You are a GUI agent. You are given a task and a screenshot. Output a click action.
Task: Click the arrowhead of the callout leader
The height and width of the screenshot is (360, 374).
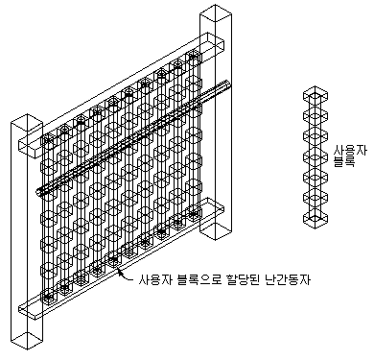pyautogui.click(x=120, y=273)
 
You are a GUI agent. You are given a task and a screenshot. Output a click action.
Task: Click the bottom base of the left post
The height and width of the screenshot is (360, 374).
pyautogui.click(x=27, y=341)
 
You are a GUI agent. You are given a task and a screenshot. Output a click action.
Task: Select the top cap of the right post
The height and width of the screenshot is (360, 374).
pyautogui.click(x=216, y=13)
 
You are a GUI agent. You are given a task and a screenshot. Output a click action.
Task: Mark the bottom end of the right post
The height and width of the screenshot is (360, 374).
pyautogui.click(x=216, y=231)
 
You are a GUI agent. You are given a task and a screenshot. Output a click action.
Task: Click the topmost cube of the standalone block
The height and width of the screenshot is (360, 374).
pyautogui.click(x=316, y=95)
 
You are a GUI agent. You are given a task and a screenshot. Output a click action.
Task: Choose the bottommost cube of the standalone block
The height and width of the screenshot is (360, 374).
pyautogui.click(x=316, y=220)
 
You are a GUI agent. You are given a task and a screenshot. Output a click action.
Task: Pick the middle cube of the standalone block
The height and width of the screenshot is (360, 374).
pyautogui.click(x=316, y=157)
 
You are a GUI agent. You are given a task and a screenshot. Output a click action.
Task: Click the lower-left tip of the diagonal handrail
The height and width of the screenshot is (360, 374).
pyautogui.click(x=38, y=191)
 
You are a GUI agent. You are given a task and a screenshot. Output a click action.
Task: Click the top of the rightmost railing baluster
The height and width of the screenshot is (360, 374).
pyautogui.click(x=193, y=57)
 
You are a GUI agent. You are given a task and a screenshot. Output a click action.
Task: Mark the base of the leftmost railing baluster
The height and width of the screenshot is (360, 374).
pyautogui.click(x=49, y=297)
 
